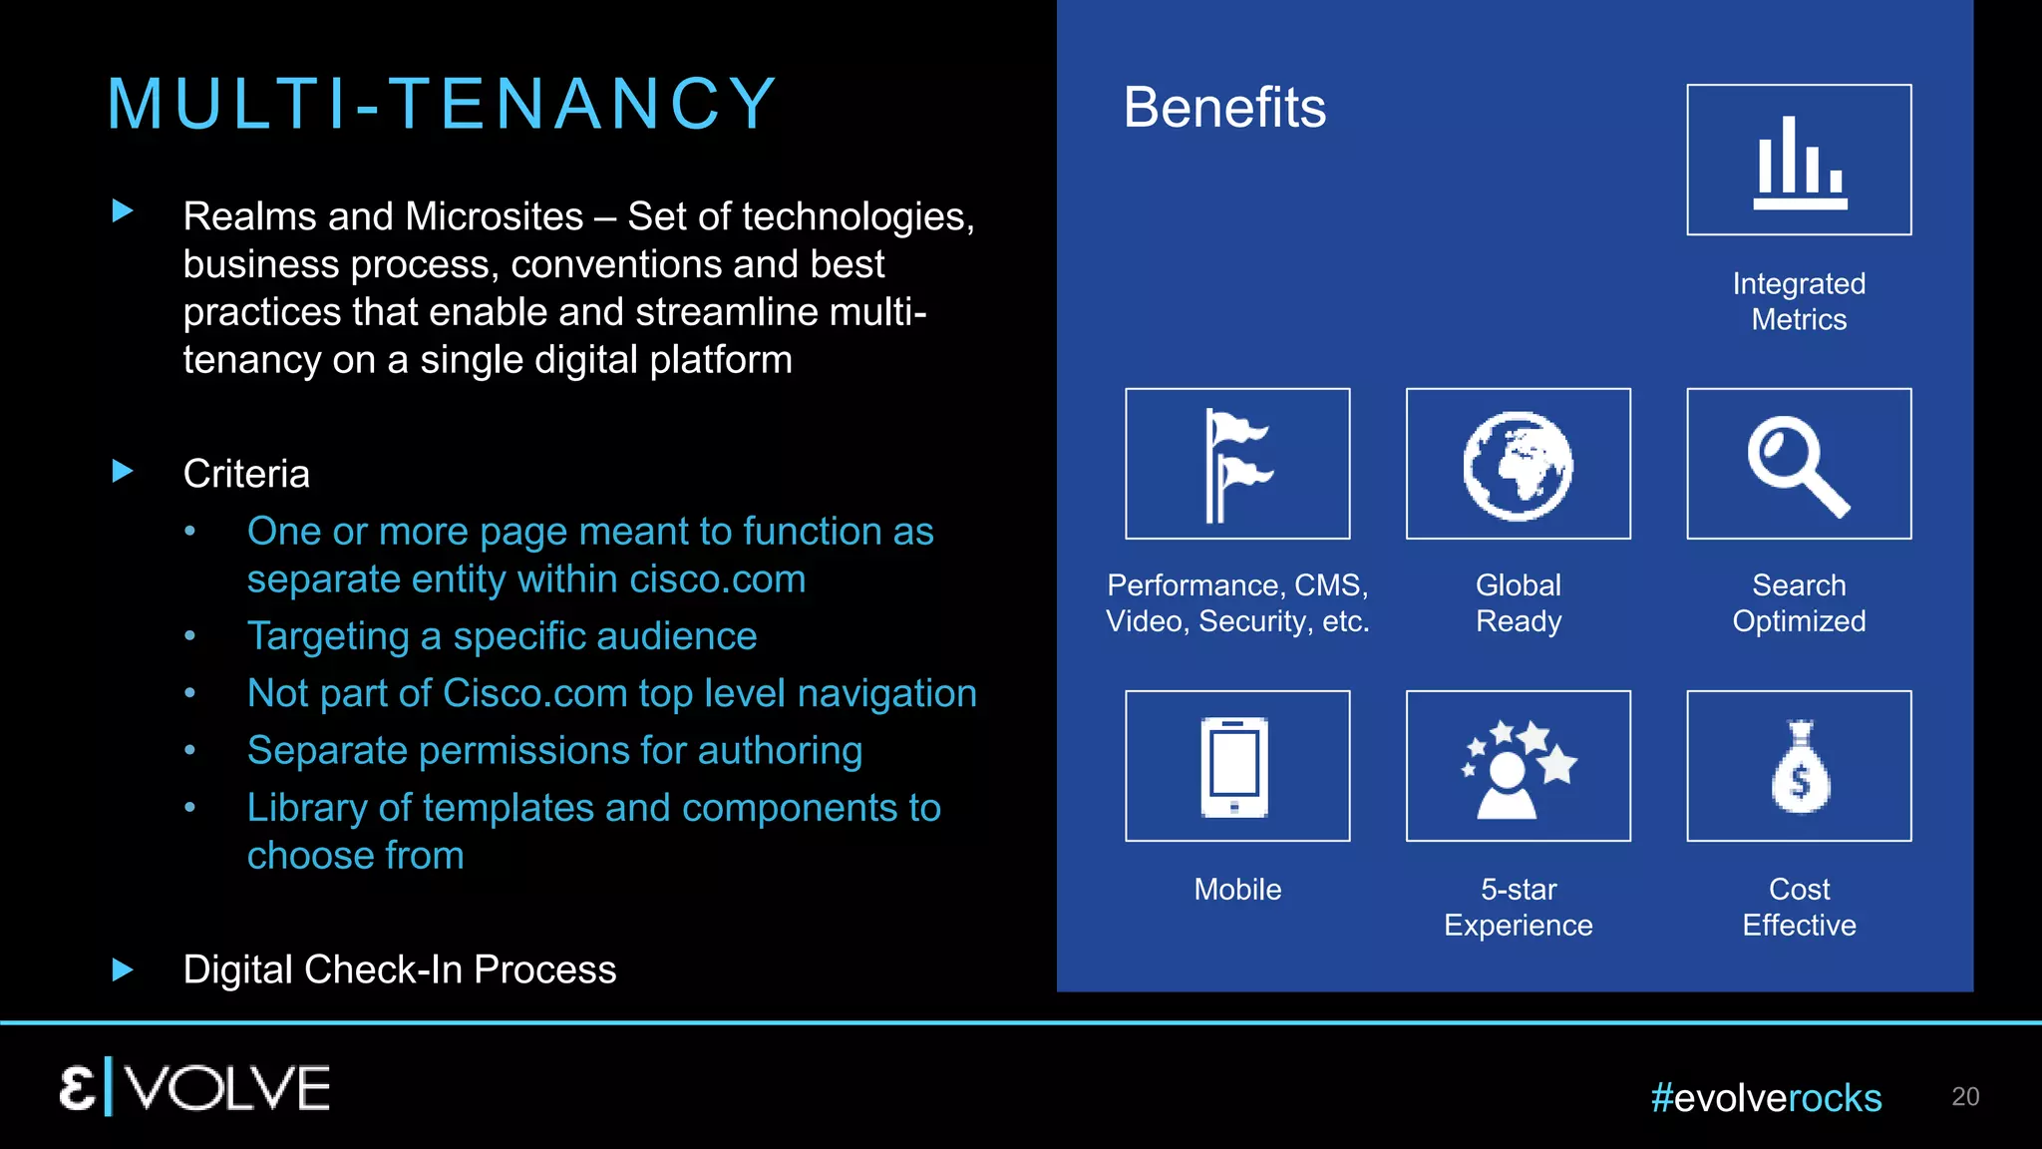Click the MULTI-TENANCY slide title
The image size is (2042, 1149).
pos(442,104)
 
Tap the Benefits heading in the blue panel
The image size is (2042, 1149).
pos(1224,108)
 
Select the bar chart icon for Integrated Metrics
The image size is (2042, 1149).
pos(1799,161)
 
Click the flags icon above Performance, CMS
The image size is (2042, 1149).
pos(1237,465)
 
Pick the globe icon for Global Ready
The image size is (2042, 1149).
pos(1518,465)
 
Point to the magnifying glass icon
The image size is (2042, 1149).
pos(1799,465)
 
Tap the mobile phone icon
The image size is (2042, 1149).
pos(1236,766)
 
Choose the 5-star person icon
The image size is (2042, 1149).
pos(1518,767)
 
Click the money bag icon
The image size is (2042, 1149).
pos(1800,767)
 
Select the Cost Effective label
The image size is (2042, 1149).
pos(1799,907)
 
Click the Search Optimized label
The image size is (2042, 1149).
pos(1799,602)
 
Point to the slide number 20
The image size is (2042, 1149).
pos(1965,1096)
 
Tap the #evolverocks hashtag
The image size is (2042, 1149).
pos(1766,1098)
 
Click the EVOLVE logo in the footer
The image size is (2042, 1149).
pos(194,1087)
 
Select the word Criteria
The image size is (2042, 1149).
pos(246,474)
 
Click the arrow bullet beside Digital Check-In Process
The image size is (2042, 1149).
pos(123,969)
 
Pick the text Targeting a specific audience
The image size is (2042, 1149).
pos(502,636)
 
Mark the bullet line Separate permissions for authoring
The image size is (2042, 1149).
pos(554,750)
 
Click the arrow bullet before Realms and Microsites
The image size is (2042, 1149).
pos(123,210)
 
